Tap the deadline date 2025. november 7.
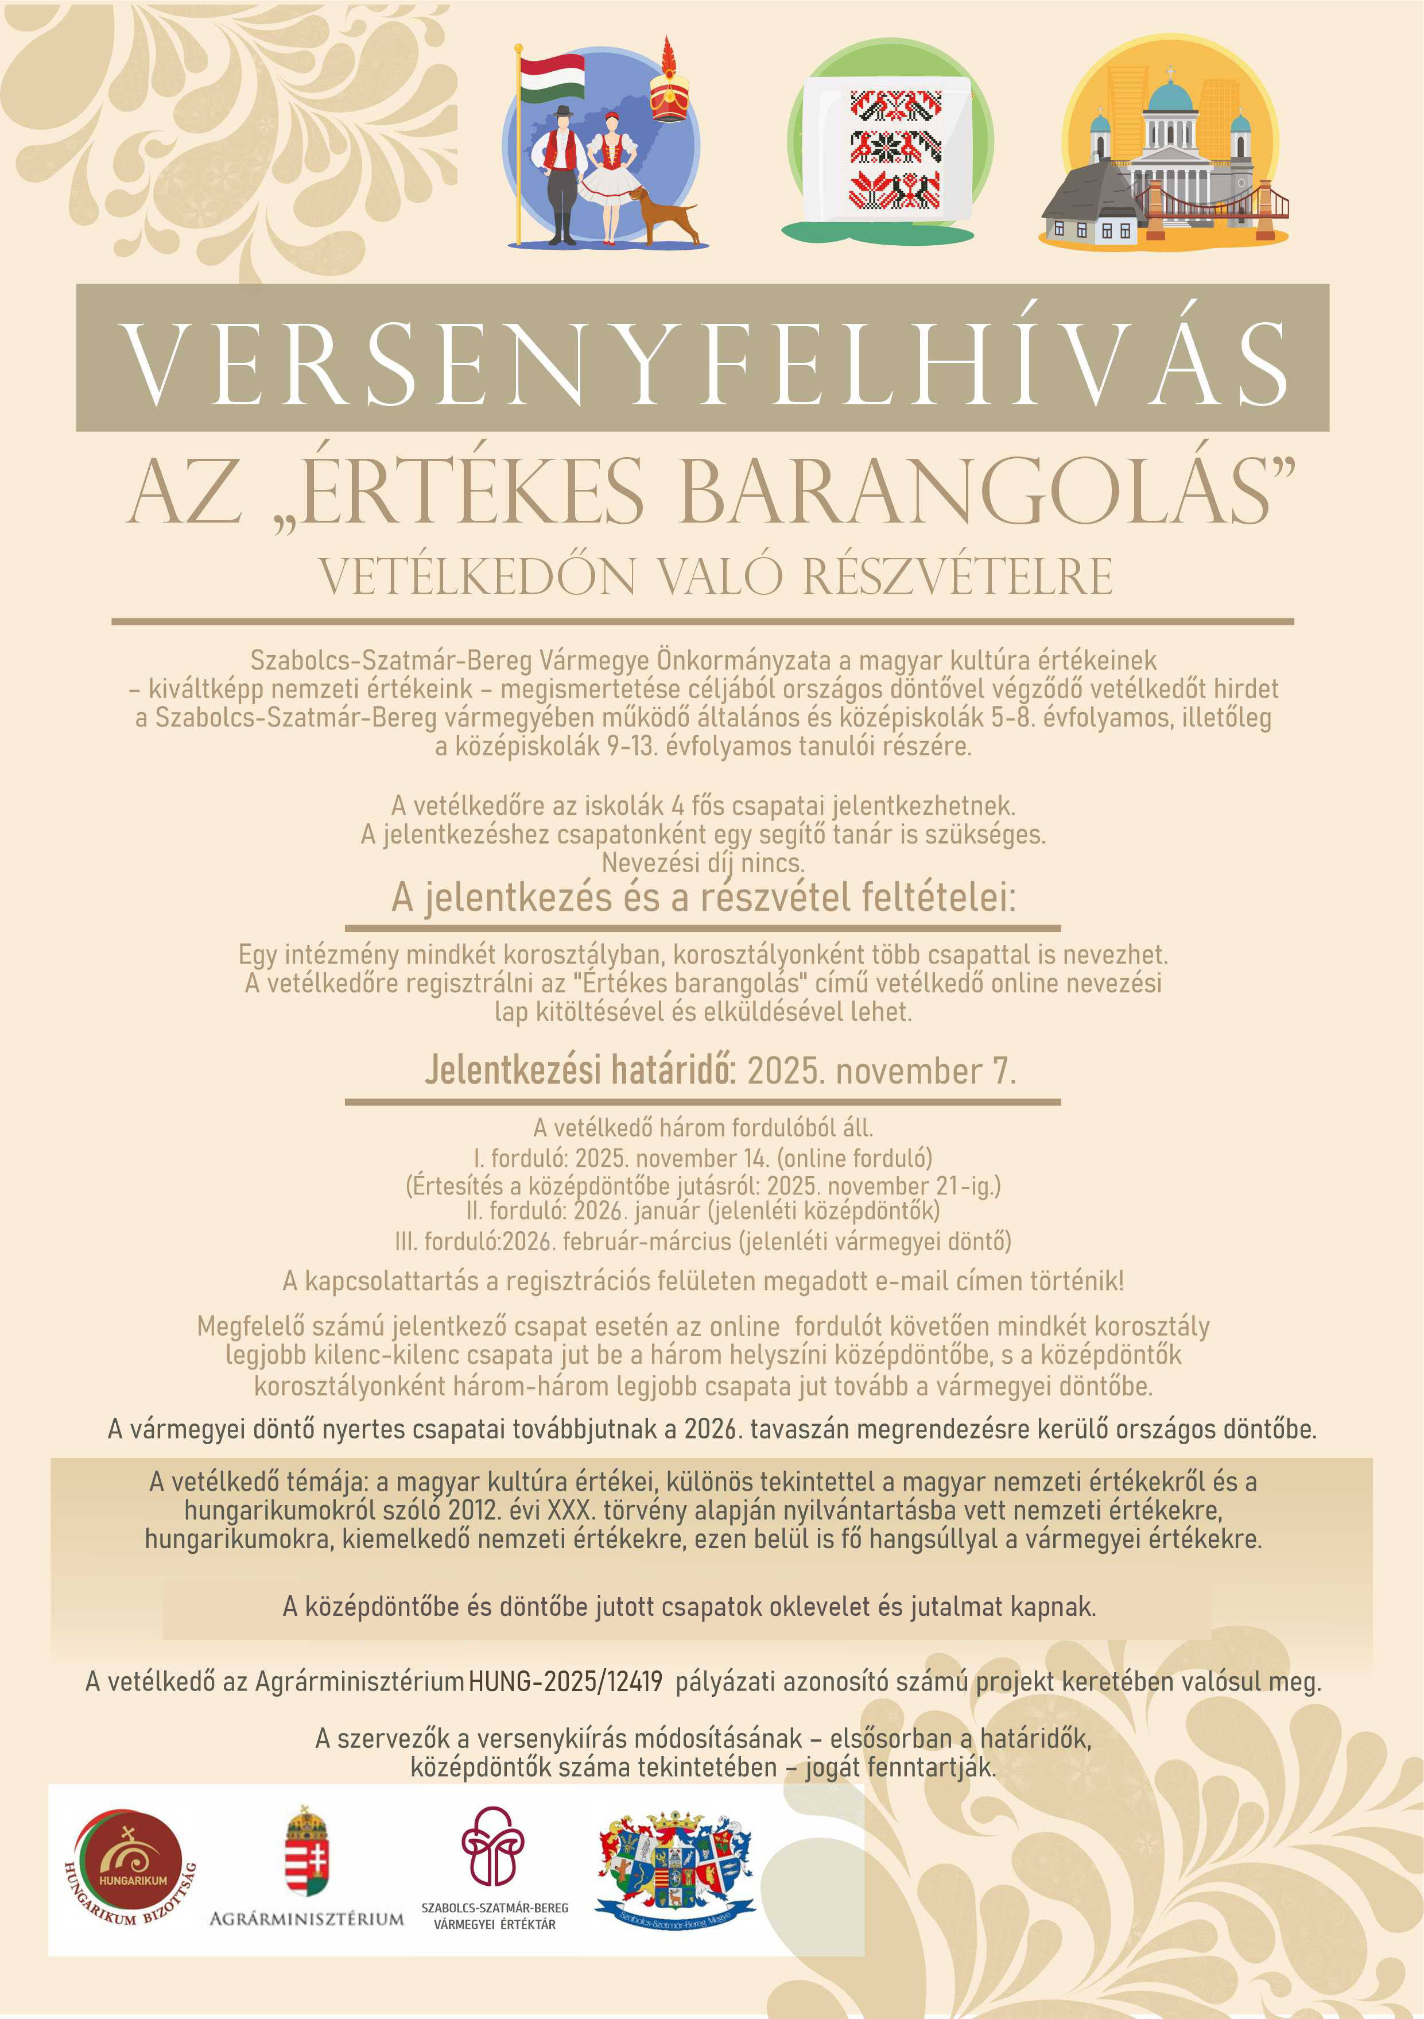[881, 1071]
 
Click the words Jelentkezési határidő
[580, 1071]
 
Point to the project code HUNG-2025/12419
[565, 1681]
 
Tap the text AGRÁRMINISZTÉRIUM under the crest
[306, 1919]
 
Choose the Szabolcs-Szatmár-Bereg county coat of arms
[675, 1864]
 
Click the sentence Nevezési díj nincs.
[703, 862]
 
